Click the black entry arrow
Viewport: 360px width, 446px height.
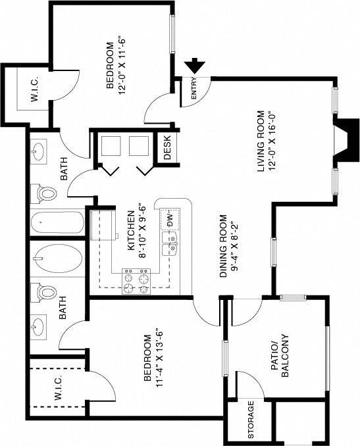195,66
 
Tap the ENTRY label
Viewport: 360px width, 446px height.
194,88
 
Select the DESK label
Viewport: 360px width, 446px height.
167,147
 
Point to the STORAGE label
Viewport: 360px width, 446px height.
251,420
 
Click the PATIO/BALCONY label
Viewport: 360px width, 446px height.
280,355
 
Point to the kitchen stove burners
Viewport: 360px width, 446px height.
136,282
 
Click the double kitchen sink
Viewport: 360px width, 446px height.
170,244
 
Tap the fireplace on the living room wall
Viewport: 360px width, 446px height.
346,141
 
